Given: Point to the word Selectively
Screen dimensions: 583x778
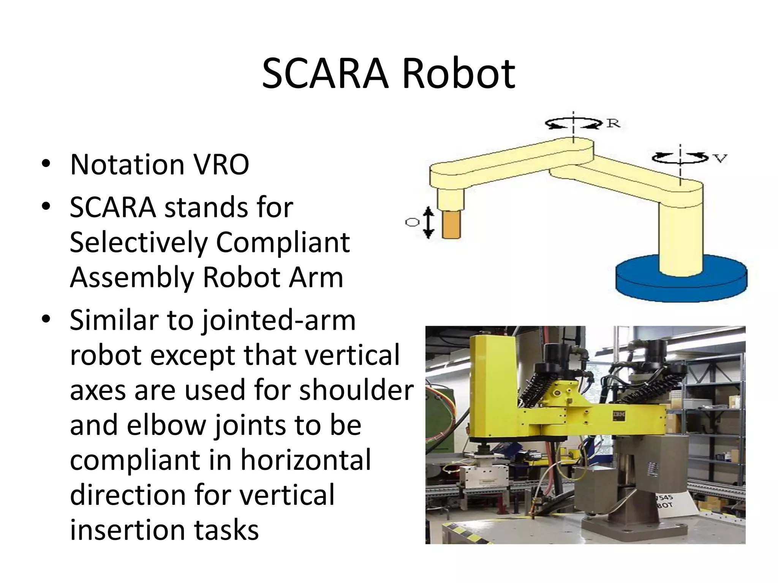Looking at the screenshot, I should click(x=139, y=243).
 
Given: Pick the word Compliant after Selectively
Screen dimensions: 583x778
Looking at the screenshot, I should click(x=283, y=243).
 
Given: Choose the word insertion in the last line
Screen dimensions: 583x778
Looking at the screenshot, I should click(x=127, y=530).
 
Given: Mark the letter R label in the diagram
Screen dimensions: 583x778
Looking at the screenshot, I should click(x=613, y=123).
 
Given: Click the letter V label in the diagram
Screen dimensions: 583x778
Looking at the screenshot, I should click(x=719, y=158).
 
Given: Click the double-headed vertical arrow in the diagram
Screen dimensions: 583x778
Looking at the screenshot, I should click(x=429, y=222).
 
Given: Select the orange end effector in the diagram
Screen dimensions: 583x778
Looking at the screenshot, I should click(x=452, y=225).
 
